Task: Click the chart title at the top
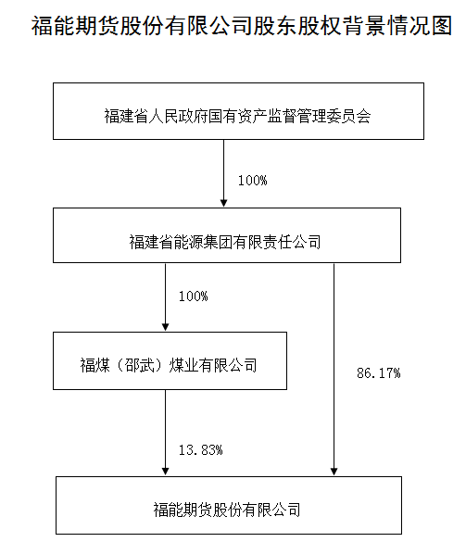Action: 242,25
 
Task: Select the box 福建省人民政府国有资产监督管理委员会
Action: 238,111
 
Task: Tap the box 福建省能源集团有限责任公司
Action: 227,235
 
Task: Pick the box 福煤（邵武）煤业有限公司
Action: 170,361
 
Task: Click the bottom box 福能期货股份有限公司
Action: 229,505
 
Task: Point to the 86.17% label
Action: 379,373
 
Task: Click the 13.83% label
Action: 200,449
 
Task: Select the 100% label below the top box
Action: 252,181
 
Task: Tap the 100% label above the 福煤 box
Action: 193,296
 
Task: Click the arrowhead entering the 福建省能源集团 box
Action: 223,203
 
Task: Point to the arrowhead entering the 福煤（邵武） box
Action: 165,327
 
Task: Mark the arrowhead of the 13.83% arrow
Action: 165,472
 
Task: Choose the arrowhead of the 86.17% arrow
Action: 334,472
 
